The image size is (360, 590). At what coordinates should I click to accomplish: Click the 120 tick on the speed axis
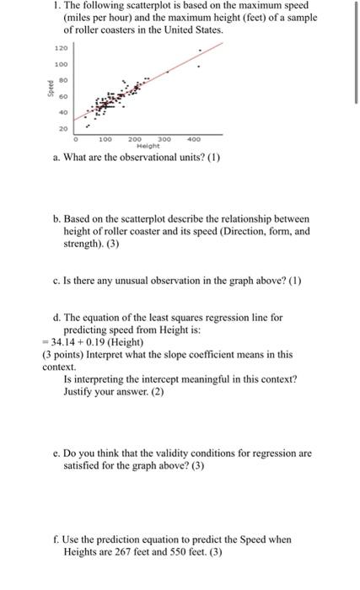(61, 49)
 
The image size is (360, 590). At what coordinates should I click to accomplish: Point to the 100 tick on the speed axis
(61, 64)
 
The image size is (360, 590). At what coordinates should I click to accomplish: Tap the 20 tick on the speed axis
(62, 128)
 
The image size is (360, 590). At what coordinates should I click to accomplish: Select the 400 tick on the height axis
(195, 137)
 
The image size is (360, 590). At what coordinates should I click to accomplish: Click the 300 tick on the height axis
(165, 137)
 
